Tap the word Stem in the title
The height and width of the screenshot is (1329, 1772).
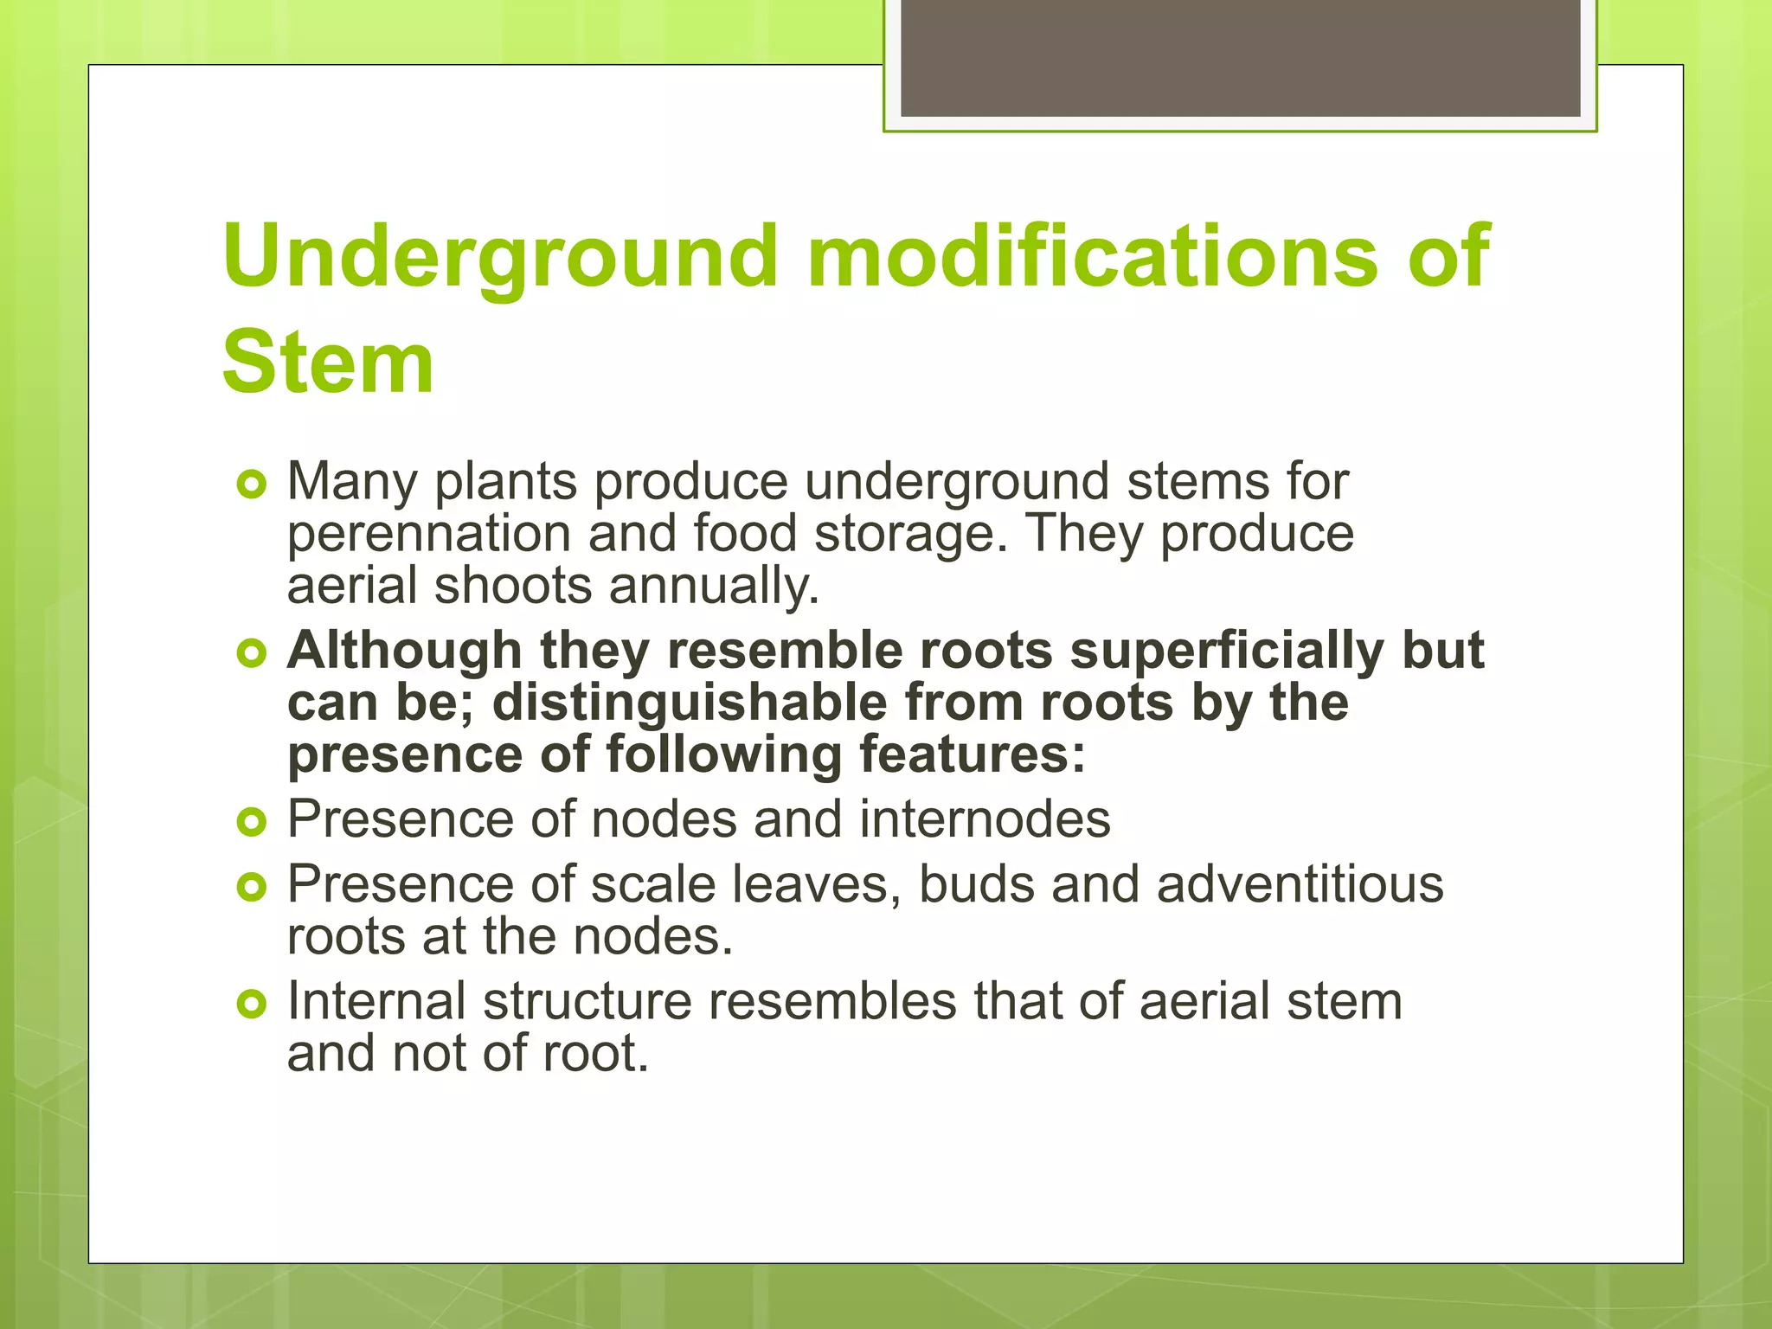[x=328, y=363]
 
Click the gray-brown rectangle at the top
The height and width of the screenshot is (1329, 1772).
[x=1240, y=57]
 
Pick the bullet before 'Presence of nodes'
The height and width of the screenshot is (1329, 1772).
[x=251, y=822]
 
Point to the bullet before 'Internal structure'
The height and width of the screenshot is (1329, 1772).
[x=251, y=1004]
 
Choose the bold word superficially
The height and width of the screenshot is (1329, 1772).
[x=1227, y=650]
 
